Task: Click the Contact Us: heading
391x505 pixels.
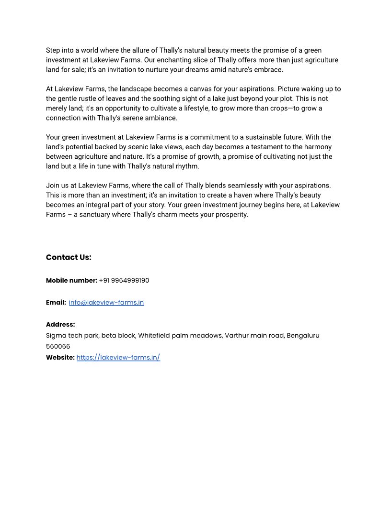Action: [x=69, y=257]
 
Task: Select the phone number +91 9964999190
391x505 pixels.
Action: [x=124, y=281]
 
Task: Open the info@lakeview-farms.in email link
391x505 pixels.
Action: [x=106, y=303]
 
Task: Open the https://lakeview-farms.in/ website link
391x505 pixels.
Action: [x=118, y=358]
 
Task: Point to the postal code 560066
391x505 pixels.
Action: [x=58, y=347]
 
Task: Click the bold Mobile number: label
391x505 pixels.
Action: [x=71, y=281]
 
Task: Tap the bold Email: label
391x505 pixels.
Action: [x=56, y=303]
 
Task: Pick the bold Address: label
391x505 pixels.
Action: [x=60, y=325]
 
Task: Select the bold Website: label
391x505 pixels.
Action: [x=60, y=358]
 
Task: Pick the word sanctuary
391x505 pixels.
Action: [x=95, y=215]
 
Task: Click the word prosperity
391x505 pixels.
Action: [x=231, y=215]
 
